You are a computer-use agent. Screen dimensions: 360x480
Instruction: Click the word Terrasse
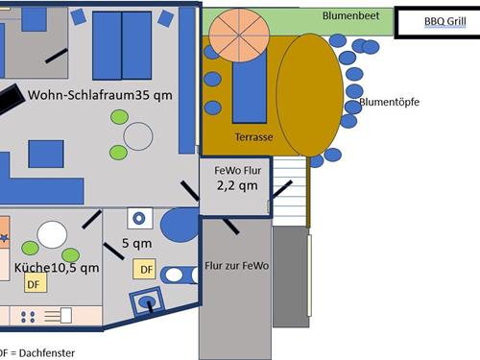(253, 137)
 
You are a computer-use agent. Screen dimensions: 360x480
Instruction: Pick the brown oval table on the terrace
(309, 93)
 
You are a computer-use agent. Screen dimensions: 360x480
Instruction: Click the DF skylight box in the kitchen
(34, 283)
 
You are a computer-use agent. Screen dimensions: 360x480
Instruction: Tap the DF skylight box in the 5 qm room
(145, 270)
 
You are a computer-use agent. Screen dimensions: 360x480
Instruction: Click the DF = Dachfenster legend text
(36, 352)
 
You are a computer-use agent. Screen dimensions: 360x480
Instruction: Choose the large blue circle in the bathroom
(179, 226)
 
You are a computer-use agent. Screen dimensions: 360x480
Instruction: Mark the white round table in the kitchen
(52, 234)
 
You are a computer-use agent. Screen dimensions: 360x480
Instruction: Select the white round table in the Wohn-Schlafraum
(137, 136)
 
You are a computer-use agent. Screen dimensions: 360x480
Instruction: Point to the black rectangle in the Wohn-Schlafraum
(12, 99)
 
